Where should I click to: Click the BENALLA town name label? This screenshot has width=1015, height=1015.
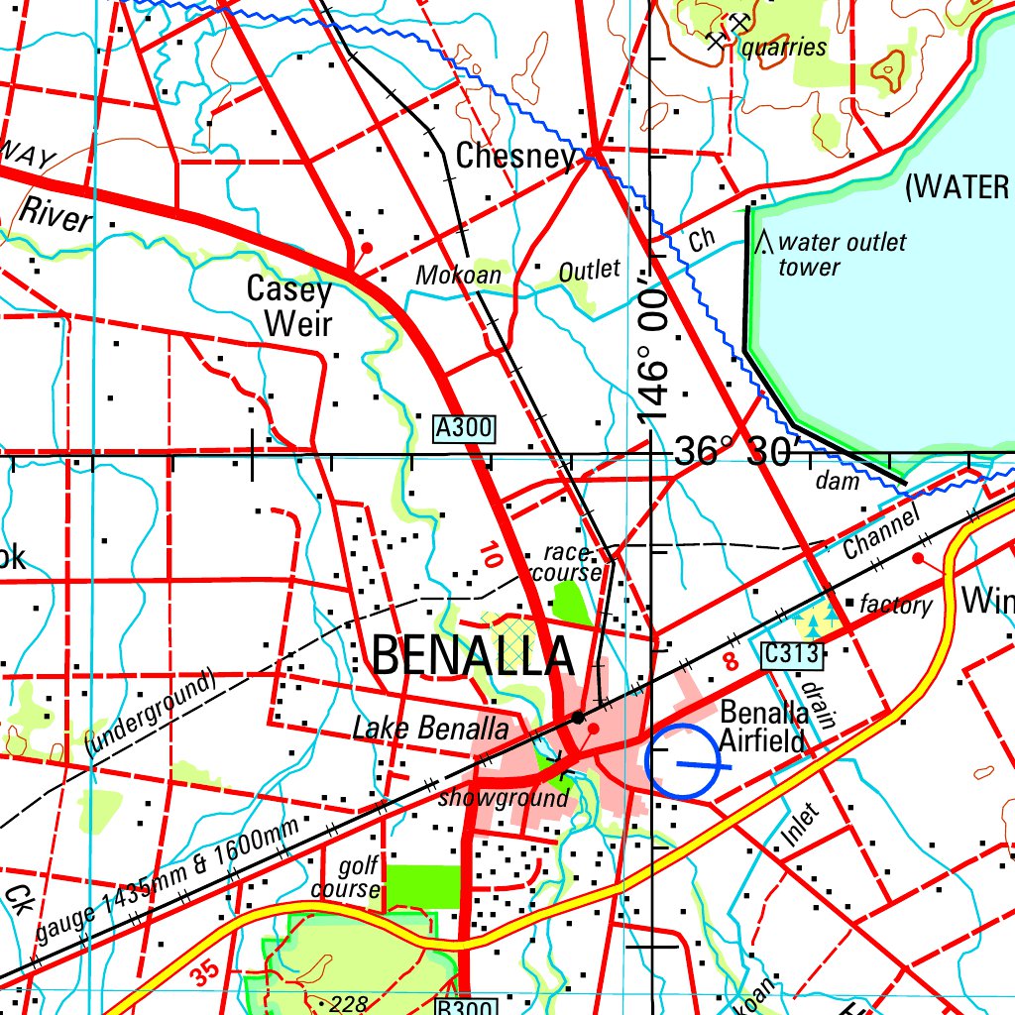point(474,655)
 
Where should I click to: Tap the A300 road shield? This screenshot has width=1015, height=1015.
point(464,428)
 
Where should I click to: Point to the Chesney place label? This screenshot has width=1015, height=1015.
point(514,156)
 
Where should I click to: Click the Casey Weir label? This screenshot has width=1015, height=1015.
point(289,306)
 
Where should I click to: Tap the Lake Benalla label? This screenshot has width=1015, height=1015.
point(430,730)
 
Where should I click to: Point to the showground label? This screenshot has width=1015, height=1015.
point(505,798)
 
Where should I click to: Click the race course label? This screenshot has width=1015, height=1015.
point(567,563)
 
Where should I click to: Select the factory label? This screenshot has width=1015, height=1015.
point(896,605)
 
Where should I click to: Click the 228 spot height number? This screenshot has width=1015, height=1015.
point(347,1003)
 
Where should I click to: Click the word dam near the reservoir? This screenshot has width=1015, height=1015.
point(838,482)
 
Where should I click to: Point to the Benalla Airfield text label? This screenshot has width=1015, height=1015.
point(764,726)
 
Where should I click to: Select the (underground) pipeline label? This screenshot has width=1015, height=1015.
point(150,715)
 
